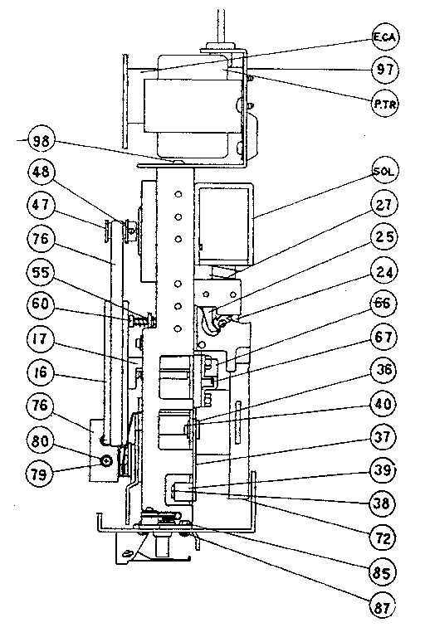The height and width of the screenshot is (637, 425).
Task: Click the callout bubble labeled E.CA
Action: coord(383,38)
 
